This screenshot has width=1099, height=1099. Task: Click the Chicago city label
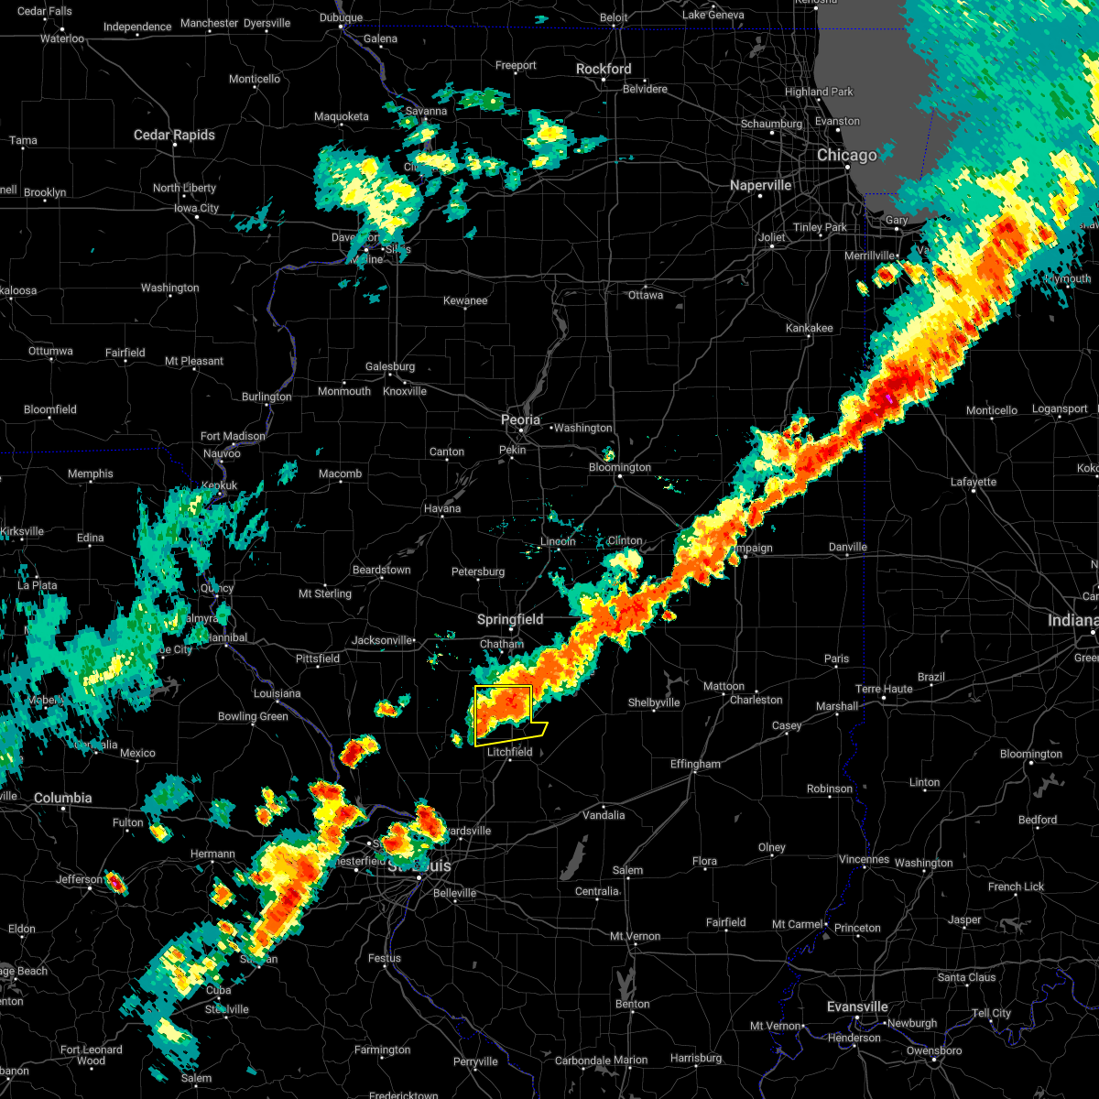pyautogui.click(x=846, y=156)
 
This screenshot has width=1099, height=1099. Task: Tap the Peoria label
pyautogui.click(x=520, y=419)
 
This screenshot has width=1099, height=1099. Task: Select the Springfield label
pyautogui.click(x=510, y=620)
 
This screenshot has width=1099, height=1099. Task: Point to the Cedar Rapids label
pyautogui.click(x=174, y=135)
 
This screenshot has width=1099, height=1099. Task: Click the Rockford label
pyautogui.click(x=604, y=69)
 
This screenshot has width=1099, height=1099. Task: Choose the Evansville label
pyautogui.click(x=857, y=1007)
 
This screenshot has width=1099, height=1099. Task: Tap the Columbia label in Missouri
pyautogui.click(x=62, y=798)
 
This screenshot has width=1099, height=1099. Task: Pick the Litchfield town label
pyautogui.click(x=509, y=752)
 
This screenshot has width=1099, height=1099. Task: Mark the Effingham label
pyautogui.click(x=695, y=764)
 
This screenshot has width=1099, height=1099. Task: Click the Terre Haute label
pyautogui.click(x=884, y=689)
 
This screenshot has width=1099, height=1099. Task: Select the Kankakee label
pyautogui.click(x=809, y=328)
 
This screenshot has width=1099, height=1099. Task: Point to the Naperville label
pyautogui.click(x=760, y=185)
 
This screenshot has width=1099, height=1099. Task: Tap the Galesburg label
pyautogui.click(x=390, y=366)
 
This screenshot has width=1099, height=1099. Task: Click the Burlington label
pyautogui.click(x=267, y=397)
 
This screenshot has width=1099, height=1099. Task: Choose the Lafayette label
pyautogui.click(x=973, y=482)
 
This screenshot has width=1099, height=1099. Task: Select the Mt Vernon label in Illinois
pyautogui.click(x=636, y=936)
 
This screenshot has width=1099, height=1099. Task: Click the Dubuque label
pyautogui.click(x=341, y=17)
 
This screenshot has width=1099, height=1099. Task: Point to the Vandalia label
pyautogui.click(x=604, y=815)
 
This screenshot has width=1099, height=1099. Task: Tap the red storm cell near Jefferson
pyautogui.click(x=116, y=883)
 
